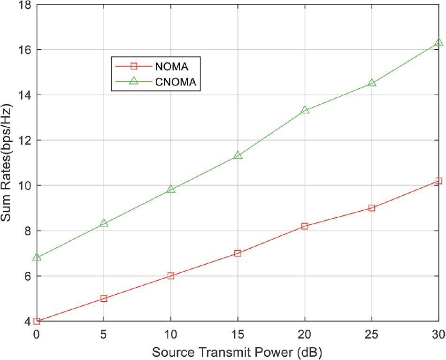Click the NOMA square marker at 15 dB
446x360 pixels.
pos(238,253)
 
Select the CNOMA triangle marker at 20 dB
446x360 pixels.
pos(305,110)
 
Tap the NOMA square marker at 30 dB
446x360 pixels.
pos(438,181)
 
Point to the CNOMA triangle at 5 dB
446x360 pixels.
pos(104,223)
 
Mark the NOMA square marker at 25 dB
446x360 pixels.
pos(372,208)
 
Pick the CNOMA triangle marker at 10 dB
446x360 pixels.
pos(171,189)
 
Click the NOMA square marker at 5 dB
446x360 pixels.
pos(104,299)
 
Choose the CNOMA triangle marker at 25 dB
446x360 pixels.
pos(372,83)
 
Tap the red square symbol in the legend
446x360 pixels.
pos(133,66)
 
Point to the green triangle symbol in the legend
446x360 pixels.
pos(133,82)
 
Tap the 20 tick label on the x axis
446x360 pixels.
pos(305,334)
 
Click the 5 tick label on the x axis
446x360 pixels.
pos(104,334)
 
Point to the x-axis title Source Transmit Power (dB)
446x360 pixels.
pos(237,351)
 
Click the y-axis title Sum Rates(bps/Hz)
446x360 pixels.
pos(8,163)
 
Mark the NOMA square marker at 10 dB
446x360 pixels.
pos(171,276)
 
